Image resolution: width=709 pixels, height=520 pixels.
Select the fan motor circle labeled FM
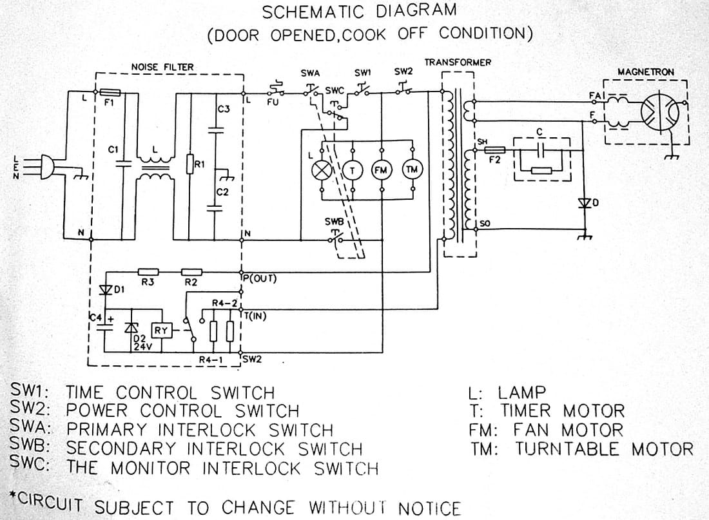pos(382,170)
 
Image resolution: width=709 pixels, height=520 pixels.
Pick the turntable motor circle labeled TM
pos(411,169)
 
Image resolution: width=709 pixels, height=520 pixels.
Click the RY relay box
pos(160,331)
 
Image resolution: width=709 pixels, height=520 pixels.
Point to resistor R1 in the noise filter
pos(190,164)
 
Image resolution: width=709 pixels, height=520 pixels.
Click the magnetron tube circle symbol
pos(659,111)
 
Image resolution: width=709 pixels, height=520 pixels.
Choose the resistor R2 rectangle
pos(191,273)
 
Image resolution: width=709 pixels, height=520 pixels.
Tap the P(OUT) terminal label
pos(260,279)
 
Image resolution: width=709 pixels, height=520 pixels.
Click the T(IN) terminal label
pos(257,316)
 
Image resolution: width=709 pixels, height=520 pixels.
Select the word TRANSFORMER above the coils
pos(458,63)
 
